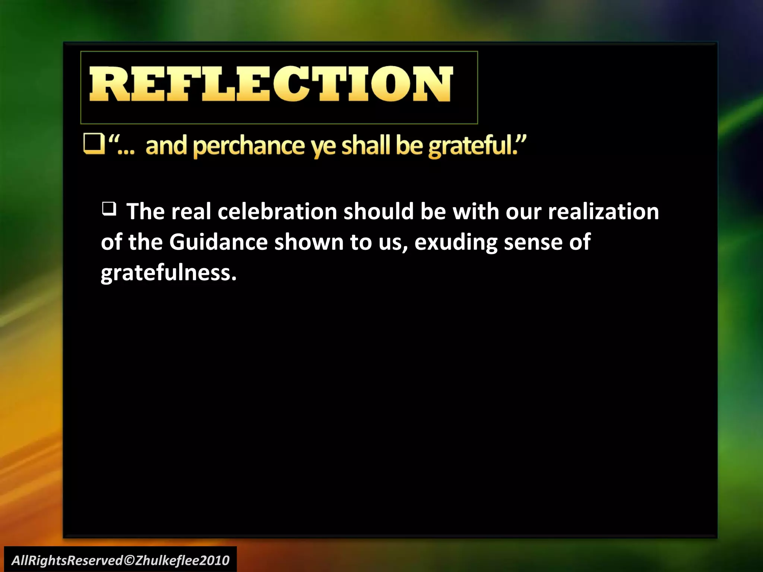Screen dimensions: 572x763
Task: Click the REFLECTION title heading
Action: (271, 84)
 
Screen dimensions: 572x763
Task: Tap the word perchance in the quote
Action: (249, 146)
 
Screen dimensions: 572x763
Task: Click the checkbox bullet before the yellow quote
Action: (94, 144)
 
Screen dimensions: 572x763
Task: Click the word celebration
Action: (277, 212)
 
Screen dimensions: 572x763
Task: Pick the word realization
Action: (603, 212)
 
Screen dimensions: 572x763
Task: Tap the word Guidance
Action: (218, 242)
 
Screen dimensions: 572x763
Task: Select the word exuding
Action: (456, 243)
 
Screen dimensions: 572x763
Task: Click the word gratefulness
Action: (168, 273)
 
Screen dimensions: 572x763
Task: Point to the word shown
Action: (309, 242)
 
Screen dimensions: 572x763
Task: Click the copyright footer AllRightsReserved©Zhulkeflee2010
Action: (120, 560)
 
